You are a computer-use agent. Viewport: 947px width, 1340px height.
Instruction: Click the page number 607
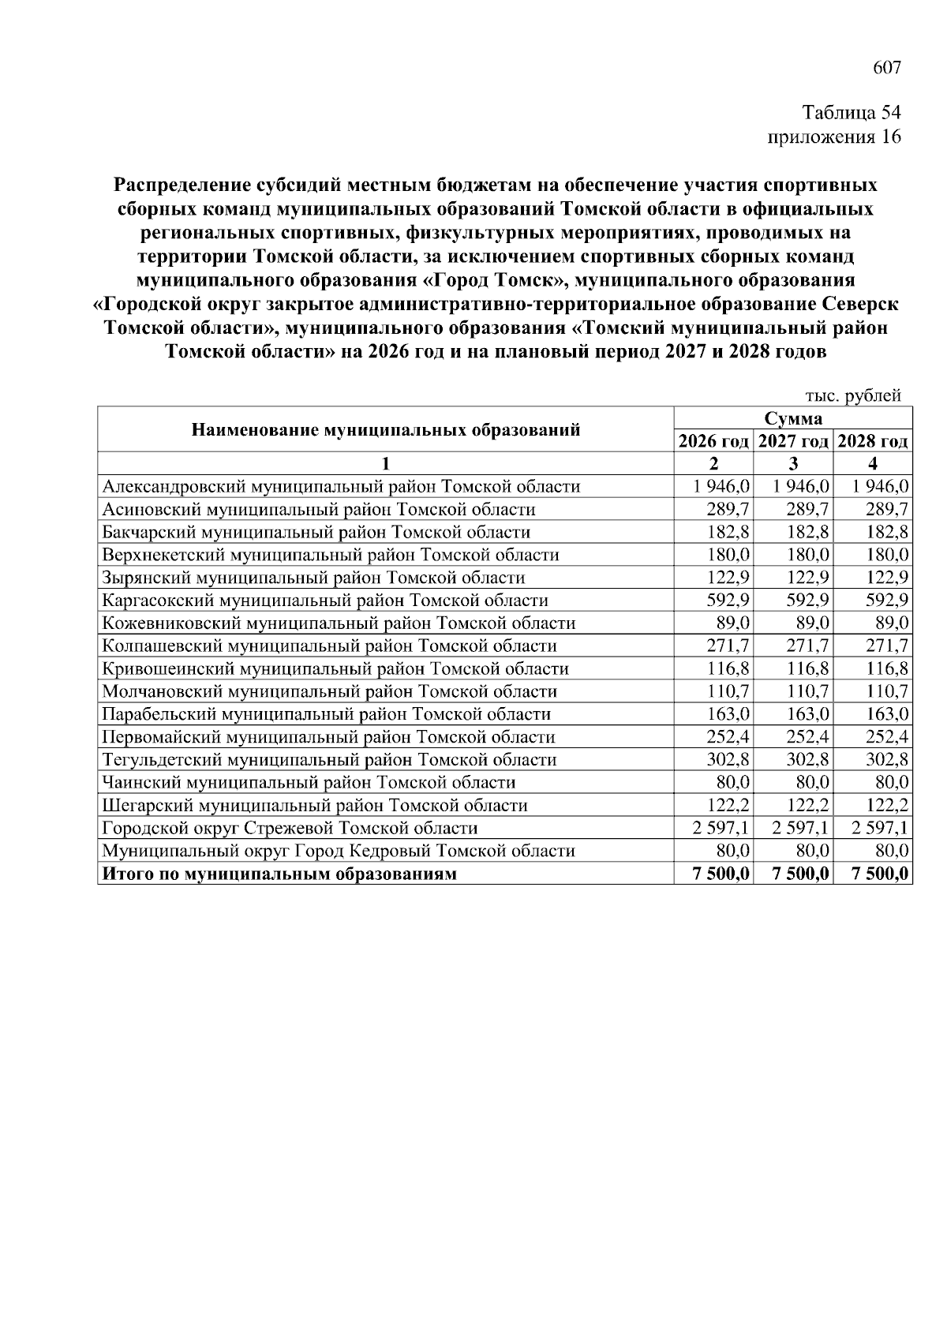click(x=886, y=68)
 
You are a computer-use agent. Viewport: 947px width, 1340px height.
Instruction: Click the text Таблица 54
click(x=851, y=112)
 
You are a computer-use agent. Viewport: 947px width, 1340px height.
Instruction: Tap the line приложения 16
click(x=834, y=137)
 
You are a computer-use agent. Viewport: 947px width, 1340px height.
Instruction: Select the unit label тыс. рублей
click(x=852, y=396)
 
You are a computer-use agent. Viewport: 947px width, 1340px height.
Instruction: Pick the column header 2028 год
click(x=873, y=441)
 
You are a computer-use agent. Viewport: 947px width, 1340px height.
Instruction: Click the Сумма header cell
click(x=793, y=418)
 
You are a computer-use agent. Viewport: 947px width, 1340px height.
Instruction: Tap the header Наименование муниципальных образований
click(x=386, y=430)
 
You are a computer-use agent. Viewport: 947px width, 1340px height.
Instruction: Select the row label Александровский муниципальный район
click(x=341, y=486)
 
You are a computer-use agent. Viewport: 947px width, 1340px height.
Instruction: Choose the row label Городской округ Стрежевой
click(x=290, y=829)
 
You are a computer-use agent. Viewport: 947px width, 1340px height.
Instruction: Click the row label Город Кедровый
click(x=339, y=852)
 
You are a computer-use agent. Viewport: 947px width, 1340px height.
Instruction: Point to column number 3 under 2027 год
click(x=793, y=463)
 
